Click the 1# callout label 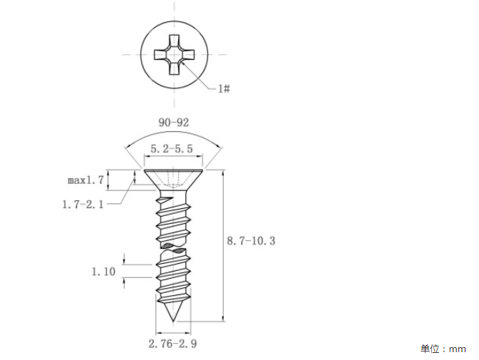coord(224,89)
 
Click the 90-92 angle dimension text coord(173,123)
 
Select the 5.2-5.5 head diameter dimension coord(172,149)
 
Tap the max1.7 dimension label coord(86,180)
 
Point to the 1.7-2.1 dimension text coord(83,204)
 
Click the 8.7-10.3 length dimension coord(251,241)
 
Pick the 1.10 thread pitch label coord(104,272)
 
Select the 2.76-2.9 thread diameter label coord(172,344)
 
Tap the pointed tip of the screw coord(173,322)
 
